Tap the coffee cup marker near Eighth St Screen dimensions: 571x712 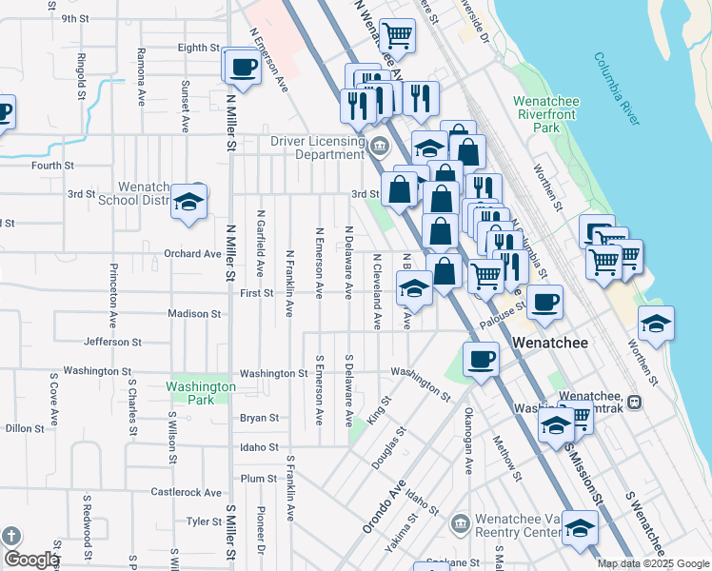(242, 68)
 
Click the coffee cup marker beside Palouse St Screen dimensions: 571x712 (544, 303)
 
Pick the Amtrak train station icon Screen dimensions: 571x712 (634, 403)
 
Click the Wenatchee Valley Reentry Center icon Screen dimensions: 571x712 (459, 524)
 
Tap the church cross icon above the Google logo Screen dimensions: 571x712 (11, 535)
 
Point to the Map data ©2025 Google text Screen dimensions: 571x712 (652, 563)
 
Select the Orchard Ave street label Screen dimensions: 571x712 (192, 254)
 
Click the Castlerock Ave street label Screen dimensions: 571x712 (187, 492)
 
